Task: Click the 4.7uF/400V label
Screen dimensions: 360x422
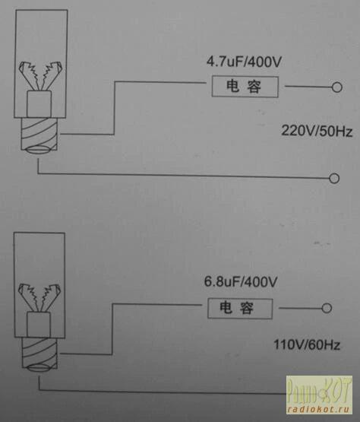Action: (244, 62)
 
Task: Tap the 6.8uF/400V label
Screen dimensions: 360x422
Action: (241, 282)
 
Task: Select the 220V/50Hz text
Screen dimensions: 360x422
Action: (317, 132)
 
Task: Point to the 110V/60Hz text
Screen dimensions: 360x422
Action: (307, 344)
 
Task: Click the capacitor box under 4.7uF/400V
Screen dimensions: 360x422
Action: (245, 87)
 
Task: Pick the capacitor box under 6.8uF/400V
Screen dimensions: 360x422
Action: (240, 309)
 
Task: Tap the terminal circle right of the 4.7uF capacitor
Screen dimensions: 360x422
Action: (337, 87)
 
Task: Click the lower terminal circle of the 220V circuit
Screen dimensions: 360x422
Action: (334, 178)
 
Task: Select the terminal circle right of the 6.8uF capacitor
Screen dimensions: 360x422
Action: (327, 308)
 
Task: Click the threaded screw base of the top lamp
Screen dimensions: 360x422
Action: (39, 134)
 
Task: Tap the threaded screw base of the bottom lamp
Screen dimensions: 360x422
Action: (39, 353)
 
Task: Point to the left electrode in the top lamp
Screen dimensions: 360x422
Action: (29, 75)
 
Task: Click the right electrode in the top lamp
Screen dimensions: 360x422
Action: (52, 75)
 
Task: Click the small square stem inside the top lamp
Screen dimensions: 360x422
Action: (39, 104)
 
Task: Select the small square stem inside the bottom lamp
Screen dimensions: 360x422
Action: (39, 325)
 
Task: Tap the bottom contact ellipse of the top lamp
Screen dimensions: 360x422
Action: (39, 150)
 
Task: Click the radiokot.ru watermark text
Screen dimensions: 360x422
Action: (319, 410)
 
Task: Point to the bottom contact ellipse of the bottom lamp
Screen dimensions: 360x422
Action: (39, 368)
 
